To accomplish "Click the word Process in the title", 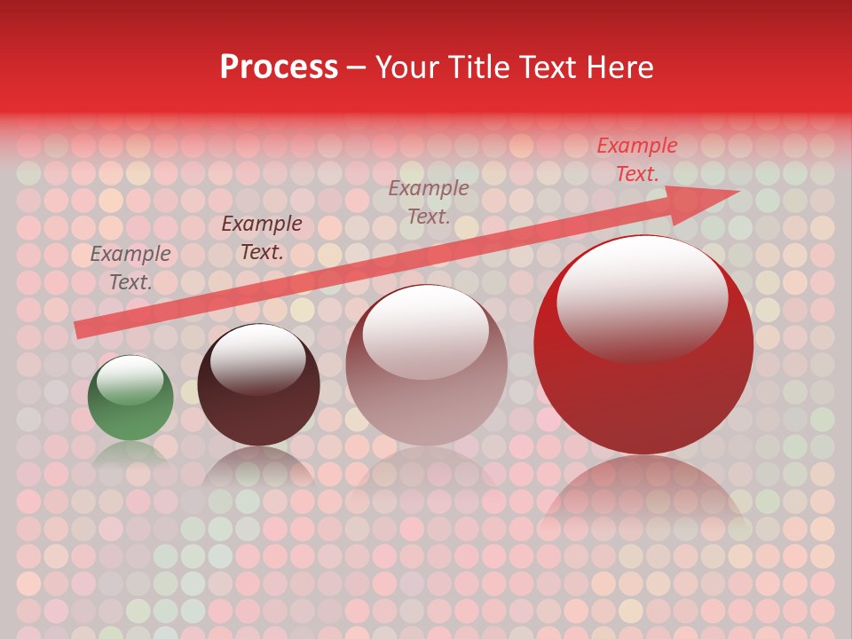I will (x=279, y=67).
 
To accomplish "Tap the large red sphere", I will (x=643, y=390).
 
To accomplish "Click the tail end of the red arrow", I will (x=78, y=330).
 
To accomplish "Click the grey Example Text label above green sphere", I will (x=130, y=268).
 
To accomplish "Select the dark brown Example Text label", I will (x=262, y=238).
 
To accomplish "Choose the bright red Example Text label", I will (x=637, y=160).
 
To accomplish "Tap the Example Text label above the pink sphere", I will (x=429, y=201).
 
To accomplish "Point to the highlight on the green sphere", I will (x=130, y=380).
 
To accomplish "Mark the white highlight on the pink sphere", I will (x=425, y=332).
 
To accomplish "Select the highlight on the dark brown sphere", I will (x=257, y=359).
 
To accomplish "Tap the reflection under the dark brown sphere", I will (x=258, y=465).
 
